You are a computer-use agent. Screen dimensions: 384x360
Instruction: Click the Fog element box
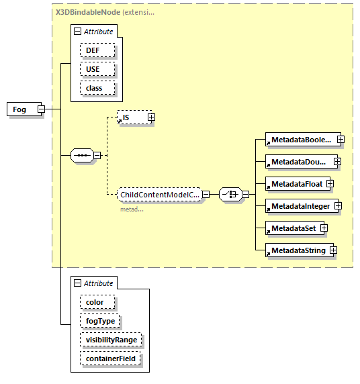(20, 109)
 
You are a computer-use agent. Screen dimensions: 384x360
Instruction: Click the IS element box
(131, 117)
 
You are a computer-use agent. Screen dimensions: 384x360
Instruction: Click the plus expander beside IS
(151, 117)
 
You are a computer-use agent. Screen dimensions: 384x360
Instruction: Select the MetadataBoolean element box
(300, 140)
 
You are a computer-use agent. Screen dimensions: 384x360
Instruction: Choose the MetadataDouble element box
(299, 162)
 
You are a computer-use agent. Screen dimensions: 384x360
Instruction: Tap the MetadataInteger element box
(300, 206)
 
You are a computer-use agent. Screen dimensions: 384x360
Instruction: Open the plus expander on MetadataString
(332, 250)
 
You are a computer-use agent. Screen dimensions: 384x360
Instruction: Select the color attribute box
(95, 302)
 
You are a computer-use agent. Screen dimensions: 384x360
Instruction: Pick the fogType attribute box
(100, 321)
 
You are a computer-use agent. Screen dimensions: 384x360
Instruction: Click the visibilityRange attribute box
(111, 340)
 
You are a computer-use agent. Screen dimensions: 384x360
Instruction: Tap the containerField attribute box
(111, 358)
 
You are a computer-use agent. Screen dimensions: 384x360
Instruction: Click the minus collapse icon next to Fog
(41, 109)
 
